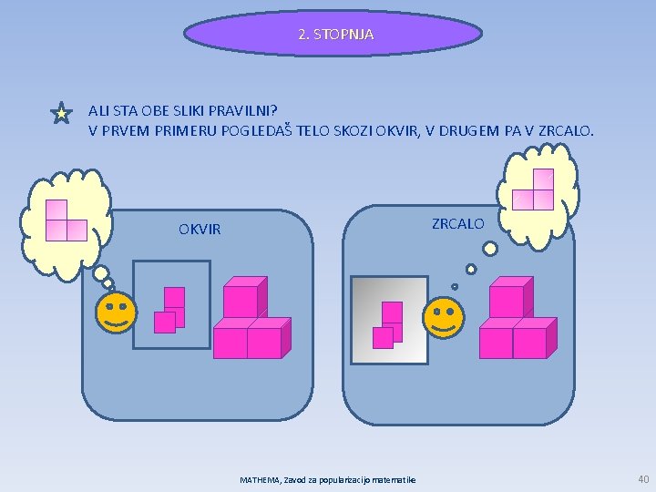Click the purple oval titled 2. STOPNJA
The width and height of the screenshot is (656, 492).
pyautogui.click(x=333, y=35)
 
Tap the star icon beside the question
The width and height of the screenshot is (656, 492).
pyautogui.click(x=60, y=114)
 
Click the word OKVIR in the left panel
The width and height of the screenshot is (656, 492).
pyautogui.click(x=200, y=229)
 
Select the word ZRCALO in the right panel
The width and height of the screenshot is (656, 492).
pyautogui.click(x=458, y=223)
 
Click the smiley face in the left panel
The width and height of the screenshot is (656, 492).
pyautogui.click(x=116, y=313)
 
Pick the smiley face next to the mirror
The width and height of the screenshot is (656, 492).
pyautogui.click(x=444, y=318)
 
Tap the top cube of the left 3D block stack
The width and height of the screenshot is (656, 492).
pyautogui.click(x=241, y=302)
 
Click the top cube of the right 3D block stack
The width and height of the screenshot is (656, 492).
pyautogui.click(x=507, y=302)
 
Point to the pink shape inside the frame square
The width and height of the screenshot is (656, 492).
pyautogui.click(x=171, y=309)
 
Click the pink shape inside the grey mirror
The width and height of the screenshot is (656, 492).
pyautogui.click(x=389, y=323)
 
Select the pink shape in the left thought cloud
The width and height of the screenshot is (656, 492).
pyautogui.click(x=65, y=220)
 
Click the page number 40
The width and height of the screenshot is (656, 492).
pyautogui.click(x=643, y=478)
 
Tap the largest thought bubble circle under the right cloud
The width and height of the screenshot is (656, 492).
pyautogui.click(x=490, y=248)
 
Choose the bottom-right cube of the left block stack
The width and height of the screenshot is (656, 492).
pyautogui.click(x=264, y=343)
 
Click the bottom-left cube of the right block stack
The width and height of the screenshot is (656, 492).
pyautogui.click(x=497, y=343)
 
